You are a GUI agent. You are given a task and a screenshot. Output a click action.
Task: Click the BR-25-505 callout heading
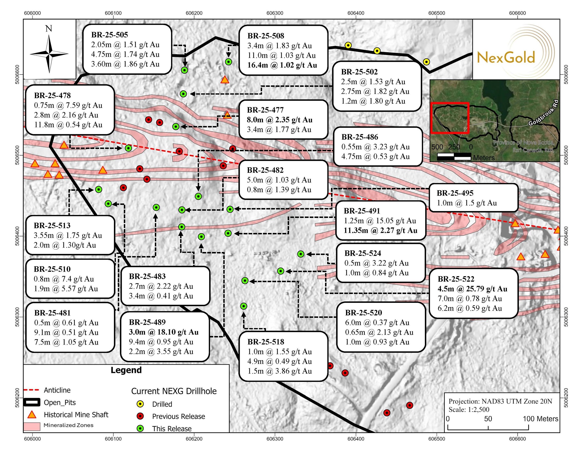click(109, 35)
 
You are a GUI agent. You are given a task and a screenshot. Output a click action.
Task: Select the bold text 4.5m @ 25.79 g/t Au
click(472, 289)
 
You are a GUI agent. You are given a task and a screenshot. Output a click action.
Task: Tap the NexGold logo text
click(506, 58)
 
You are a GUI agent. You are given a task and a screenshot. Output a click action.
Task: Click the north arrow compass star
click(49, 54)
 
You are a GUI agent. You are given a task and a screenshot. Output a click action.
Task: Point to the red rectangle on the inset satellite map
click(450, 118)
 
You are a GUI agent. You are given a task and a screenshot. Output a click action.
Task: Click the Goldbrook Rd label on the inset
click(543, 113)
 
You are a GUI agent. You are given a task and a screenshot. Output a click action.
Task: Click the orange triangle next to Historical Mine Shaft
click(32, 415)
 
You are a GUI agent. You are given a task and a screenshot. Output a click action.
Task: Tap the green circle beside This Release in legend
click(141, 429)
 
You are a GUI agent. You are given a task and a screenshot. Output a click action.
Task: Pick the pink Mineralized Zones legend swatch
click(32, 426)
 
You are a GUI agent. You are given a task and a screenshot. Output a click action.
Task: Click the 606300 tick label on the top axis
click(275, 13)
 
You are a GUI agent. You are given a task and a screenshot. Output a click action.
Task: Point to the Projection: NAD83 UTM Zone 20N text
click(500, 401)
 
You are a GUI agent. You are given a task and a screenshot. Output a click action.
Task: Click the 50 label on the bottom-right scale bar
click(488, 419)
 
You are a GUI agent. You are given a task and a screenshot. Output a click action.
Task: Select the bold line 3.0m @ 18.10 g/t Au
click(164, 332)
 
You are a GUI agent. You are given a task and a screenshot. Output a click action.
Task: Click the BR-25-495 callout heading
click(455, 193)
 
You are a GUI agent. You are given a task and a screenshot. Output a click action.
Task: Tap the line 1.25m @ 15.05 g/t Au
click(380, 221)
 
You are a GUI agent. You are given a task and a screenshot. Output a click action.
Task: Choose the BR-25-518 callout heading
click(266, 342)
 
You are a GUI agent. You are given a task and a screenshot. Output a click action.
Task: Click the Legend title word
click(126, 370)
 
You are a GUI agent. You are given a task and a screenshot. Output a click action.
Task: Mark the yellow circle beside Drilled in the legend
click(141, 404)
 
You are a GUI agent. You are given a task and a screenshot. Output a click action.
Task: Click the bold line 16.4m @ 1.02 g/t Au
click(282, 65)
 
